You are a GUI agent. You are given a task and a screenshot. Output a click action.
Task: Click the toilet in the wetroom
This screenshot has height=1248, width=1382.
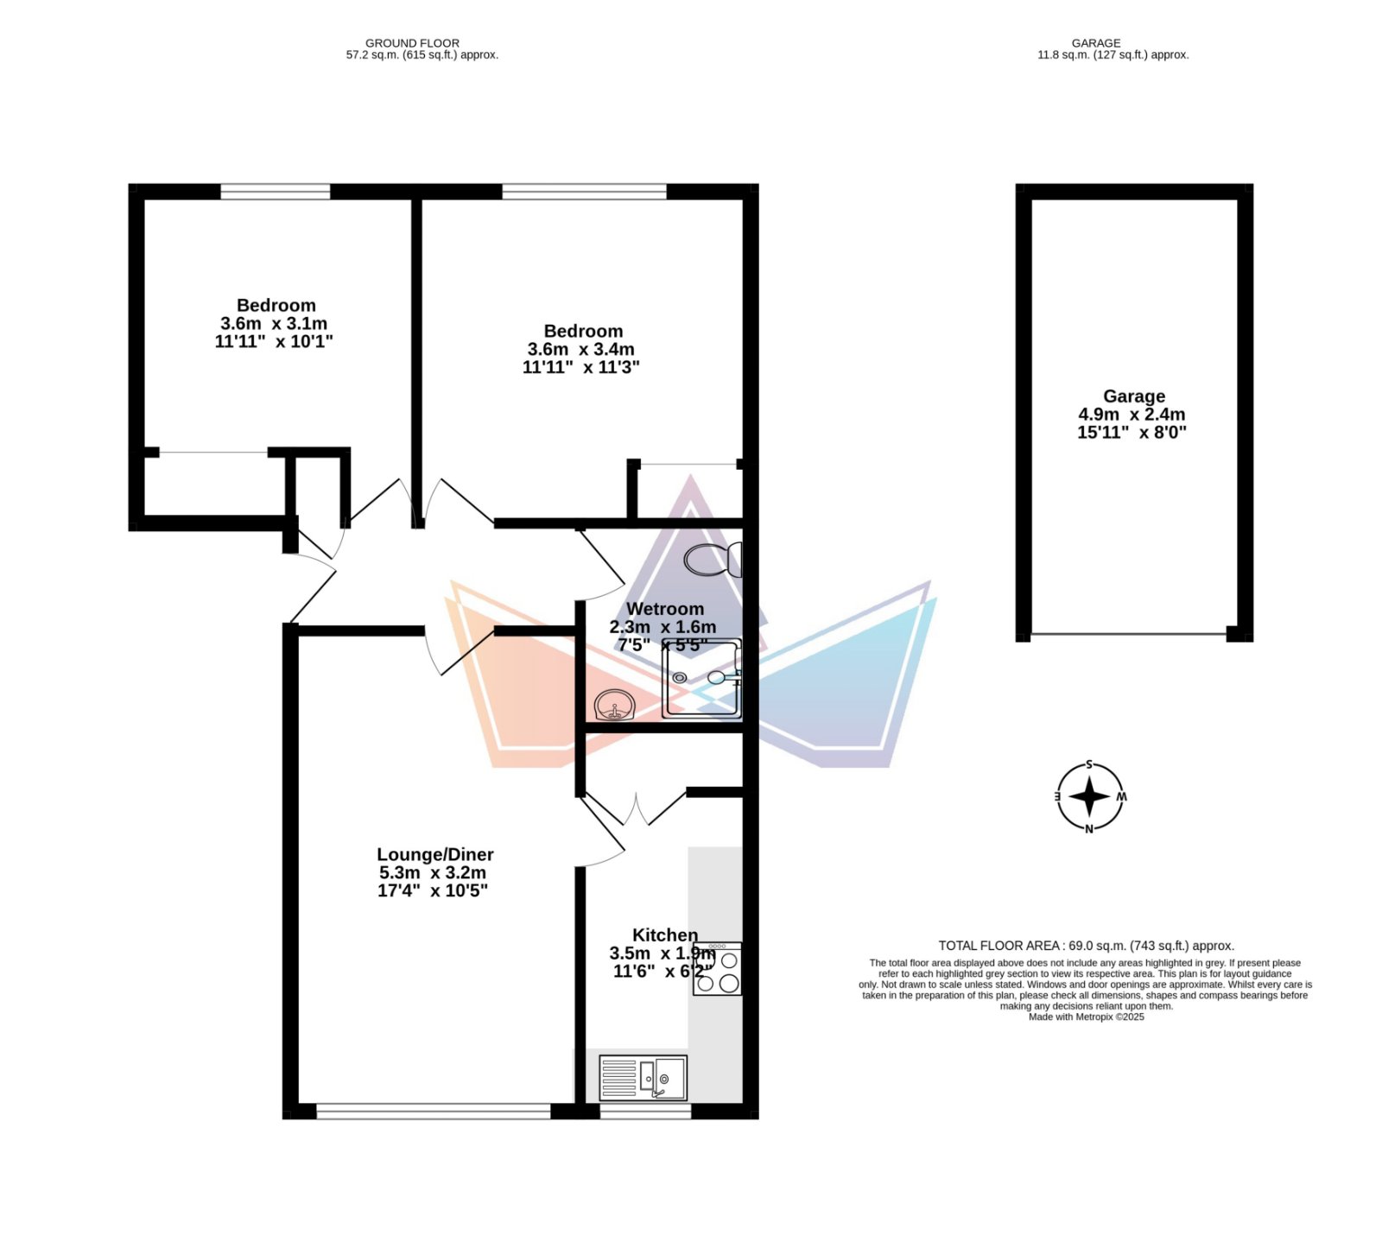(x=713, y=560)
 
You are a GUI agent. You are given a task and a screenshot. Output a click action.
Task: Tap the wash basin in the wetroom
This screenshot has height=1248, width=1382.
(x=615, y=705)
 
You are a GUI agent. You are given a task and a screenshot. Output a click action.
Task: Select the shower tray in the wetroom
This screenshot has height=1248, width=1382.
(x=702, y=679)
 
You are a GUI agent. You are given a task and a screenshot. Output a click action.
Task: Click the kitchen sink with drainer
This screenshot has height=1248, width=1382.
(x=643, y=1078)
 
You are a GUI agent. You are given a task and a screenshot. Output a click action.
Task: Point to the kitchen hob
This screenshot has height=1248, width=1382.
(x=717, y=968)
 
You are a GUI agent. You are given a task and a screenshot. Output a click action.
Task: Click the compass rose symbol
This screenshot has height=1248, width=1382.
(x=1090, y=796)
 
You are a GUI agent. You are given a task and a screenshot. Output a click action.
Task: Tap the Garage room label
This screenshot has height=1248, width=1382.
(x=1134, y=396)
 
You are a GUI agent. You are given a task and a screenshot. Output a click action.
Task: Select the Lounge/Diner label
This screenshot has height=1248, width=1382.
(x=435, y=854)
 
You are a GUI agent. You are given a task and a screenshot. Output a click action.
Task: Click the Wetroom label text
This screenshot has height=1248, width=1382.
(x=665, y=609)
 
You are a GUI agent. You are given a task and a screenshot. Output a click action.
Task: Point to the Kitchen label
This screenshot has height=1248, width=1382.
(x=665, y=934)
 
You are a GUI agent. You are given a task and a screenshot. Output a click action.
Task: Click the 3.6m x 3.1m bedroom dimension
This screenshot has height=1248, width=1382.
(x=275, y=324)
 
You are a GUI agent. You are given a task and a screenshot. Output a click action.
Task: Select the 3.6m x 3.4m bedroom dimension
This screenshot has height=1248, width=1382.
(x=581, y=350)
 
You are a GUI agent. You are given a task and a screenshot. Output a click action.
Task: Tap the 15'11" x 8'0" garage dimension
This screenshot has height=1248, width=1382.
(x=1132, y=433)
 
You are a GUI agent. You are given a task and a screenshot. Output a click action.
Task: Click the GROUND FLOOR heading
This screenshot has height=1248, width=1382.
(x=413, y=43)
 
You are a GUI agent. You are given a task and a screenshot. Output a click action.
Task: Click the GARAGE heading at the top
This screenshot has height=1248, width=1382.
(x=1096, y=43)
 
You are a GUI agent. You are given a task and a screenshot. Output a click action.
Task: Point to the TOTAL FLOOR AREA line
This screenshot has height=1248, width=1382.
(x=1087, y=946)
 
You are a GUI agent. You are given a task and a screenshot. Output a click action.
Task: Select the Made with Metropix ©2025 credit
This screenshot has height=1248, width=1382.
(x=1087, y=1017)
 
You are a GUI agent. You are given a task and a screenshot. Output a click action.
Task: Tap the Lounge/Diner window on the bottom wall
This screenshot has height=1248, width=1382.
(x=434, y=1112)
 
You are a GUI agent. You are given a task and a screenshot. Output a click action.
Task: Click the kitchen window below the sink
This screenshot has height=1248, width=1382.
(x=646, y=1112)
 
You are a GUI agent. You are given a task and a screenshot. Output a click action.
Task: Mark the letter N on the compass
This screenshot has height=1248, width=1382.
(x=1089, y=829)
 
